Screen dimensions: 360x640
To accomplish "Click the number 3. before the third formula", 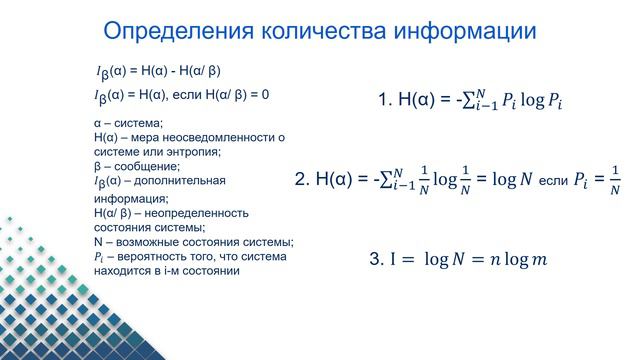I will tap(376, 259).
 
